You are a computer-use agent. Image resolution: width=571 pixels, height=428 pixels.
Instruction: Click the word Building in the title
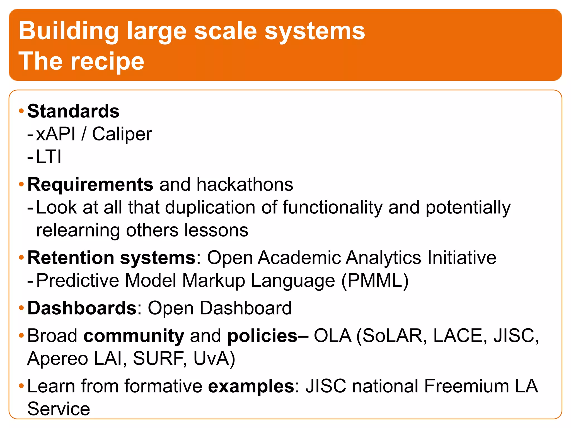tap(69, 31)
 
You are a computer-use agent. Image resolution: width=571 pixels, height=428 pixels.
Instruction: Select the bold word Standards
tap(73, 111)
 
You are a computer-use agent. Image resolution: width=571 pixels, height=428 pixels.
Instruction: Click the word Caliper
tap(122, 134)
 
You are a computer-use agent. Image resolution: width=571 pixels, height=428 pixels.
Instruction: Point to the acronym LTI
tap(49, 157)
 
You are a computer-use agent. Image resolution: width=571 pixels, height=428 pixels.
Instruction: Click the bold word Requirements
tap(90, 185)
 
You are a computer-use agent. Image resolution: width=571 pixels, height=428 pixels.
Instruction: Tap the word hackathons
tap(245, 185)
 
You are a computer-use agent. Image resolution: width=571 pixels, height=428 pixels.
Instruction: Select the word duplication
tap(210, 208)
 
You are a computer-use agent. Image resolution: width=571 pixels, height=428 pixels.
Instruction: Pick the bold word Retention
tap(71, 258)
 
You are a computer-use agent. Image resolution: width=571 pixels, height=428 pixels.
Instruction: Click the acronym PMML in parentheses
tap(375, 281)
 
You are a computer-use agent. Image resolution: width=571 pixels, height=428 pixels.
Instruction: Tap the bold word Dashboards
tap(82, 308)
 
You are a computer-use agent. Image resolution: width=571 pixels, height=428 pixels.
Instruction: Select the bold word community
tap(134, 336)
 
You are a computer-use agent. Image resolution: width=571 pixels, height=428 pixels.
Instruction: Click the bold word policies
tap(262, 336)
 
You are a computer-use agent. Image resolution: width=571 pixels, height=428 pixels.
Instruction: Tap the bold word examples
tap(251, 386)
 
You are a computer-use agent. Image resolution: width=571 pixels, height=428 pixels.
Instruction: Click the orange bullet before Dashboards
tap(21, 308)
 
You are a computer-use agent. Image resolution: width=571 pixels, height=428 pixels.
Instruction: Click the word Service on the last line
tap(59, 409)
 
